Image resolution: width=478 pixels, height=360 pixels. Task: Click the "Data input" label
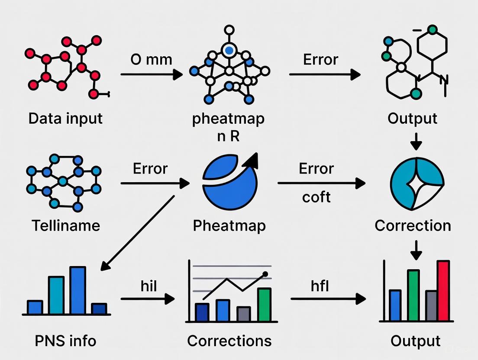point(65,118)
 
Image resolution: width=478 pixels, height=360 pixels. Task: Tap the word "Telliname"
point(66,225)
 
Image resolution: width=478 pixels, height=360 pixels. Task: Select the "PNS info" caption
point(65,341)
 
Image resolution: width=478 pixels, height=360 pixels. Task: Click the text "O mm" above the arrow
point(151,59)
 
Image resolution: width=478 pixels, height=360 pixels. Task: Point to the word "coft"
point(316,197)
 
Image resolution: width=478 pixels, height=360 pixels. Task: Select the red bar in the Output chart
point(443,291)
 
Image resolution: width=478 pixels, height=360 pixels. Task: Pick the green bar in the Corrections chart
point(264,305)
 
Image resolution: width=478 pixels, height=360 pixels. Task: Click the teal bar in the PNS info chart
point(56,295)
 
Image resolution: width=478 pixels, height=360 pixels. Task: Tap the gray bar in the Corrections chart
point(244,314)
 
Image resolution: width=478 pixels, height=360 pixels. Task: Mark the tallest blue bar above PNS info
point(78,290)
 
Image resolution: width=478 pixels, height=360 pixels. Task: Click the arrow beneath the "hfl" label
point(328,299)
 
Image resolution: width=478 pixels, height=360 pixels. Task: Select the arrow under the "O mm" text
point(152,74)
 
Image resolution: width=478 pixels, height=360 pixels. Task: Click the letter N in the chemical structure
point(444,80)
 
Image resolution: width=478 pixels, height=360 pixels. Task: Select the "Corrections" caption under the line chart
point(229,341)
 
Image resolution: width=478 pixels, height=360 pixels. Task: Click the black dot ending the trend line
point(265,274)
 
